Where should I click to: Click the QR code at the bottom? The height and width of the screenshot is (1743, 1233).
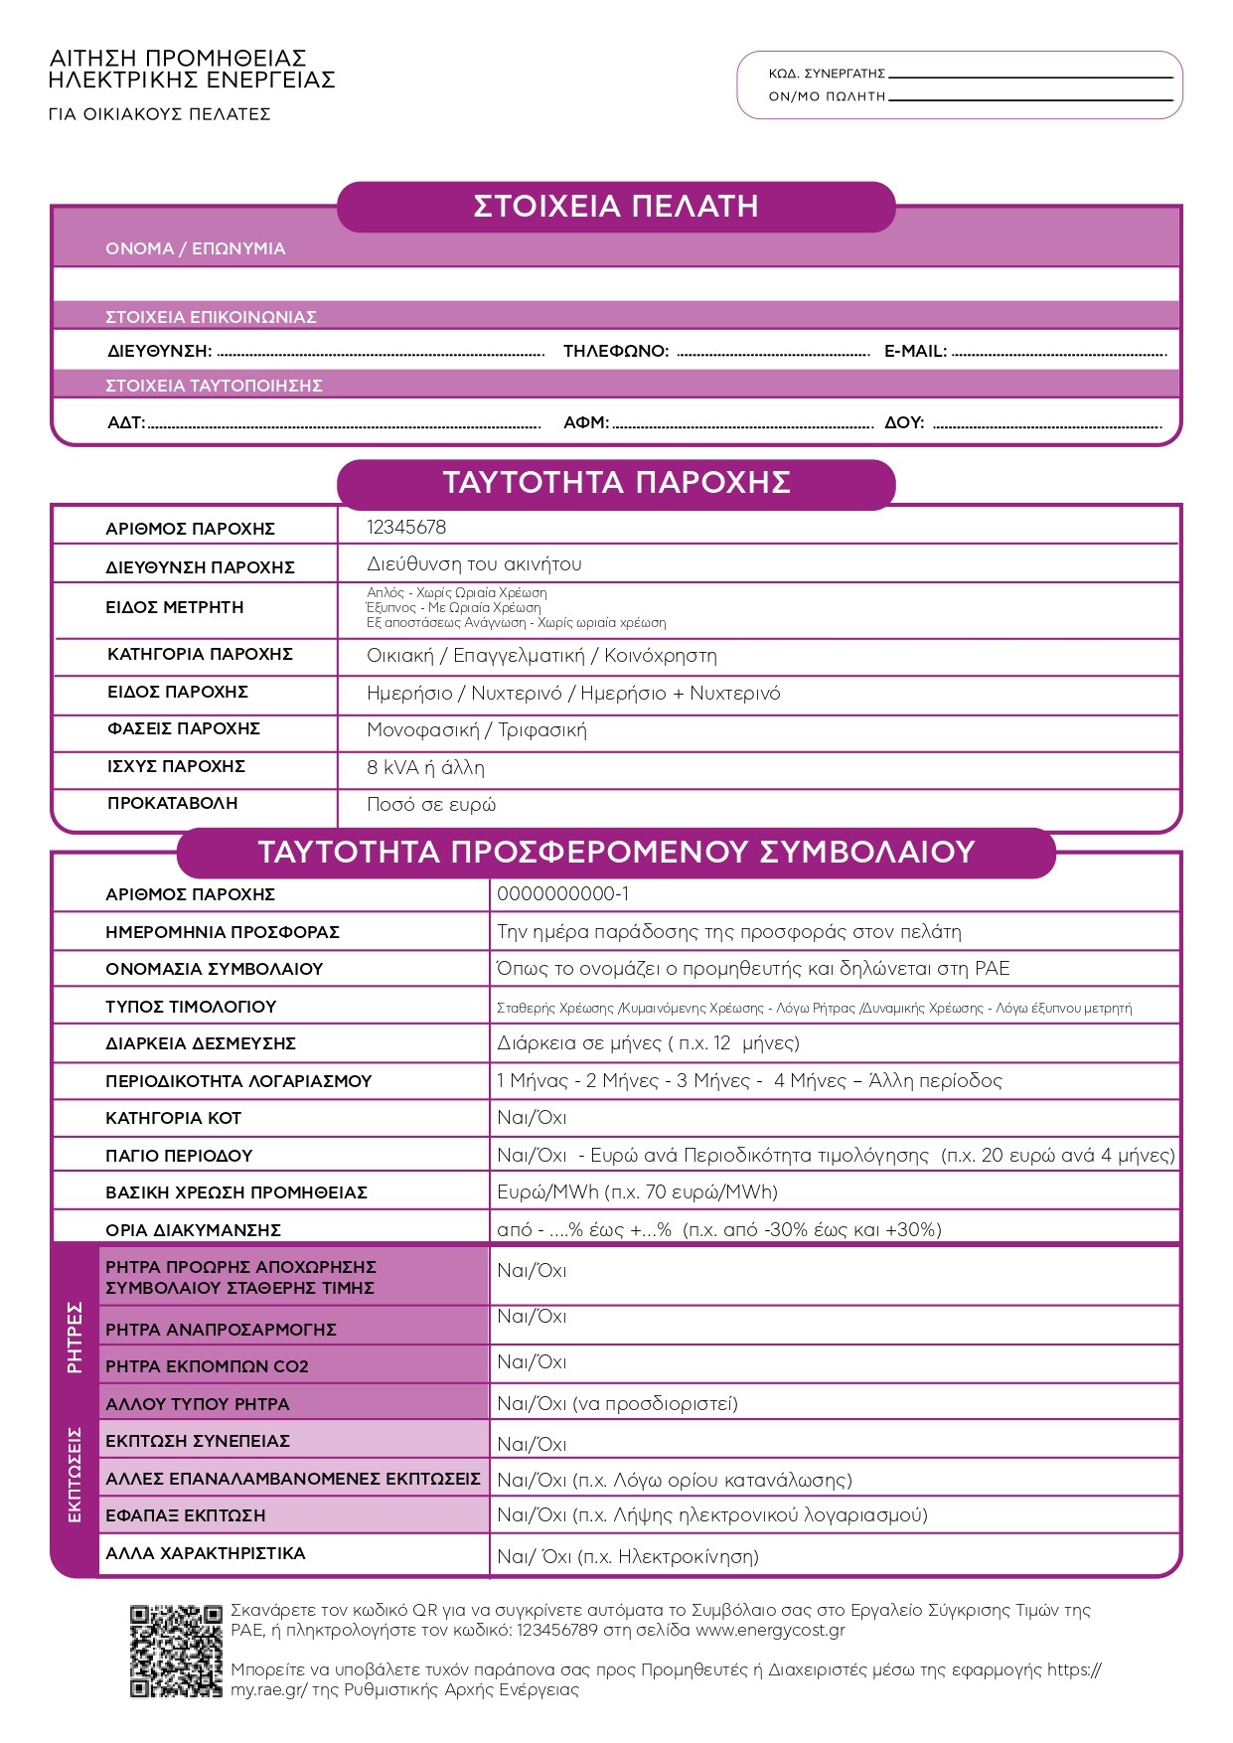175,1651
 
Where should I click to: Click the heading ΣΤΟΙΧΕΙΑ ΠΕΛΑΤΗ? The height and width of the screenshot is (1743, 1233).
616,207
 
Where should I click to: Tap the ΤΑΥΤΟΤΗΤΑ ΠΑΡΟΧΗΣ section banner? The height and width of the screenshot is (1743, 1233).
616,483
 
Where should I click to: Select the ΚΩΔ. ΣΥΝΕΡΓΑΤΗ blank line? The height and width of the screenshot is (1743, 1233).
1030,76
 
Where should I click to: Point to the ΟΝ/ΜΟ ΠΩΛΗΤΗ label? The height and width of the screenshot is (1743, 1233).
826,96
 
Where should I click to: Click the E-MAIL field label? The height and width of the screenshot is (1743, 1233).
915,351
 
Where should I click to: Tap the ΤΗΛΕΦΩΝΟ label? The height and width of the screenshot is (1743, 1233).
616,351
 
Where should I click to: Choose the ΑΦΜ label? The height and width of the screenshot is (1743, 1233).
586,422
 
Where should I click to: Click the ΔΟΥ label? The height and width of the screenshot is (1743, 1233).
904,422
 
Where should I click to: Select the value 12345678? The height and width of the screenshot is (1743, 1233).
406,527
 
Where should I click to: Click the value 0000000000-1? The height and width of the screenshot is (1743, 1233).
562,894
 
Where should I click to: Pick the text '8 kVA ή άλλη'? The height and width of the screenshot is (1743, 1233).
425,767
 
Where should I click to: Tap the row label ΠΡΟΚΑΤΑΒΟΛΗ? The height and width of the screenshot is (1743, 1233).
172,803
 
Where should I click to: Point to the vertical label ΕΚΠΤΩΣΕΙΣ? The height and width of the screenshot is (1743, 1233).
75,1475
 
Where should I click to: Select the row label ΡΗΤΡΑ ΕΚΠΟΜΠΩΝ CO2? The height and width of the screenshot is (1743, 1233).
207,1366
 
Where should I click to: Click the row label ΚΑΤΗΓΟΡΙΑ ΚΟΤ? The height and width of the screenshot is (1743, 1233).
173,1118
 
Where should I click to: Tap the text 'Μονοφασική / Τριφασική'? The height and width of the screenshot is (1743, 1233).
476,730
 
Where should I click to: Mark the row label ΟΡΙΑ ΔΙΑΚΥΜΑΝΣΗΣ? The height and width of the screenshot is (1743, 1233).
193,1230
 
